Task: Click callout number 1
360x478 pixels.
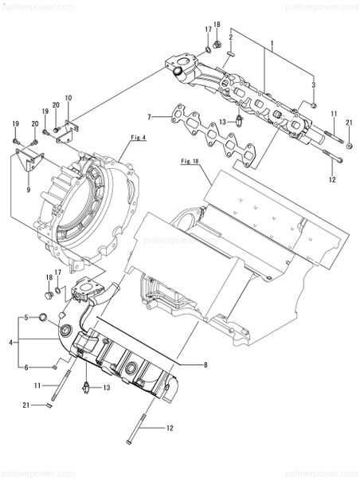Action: point(272,41)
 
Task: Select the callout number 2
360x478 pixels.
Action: point(230,37)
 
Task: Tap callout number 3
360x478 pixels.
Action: point(313,84)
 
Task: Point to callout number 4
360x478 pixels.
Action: point(11,343)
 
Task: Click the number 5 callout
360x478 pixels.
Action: point(25,318)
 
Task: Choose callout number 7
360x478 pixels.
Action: point(148,118)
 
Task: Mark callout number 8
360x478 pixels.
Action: point(205,365)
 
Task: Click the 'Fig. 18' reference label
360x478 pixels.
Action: point(190,161)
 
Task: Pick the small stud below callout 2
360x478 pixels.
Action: point(229,52)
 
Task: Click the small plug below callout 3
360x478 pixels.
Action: point(314,103)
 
